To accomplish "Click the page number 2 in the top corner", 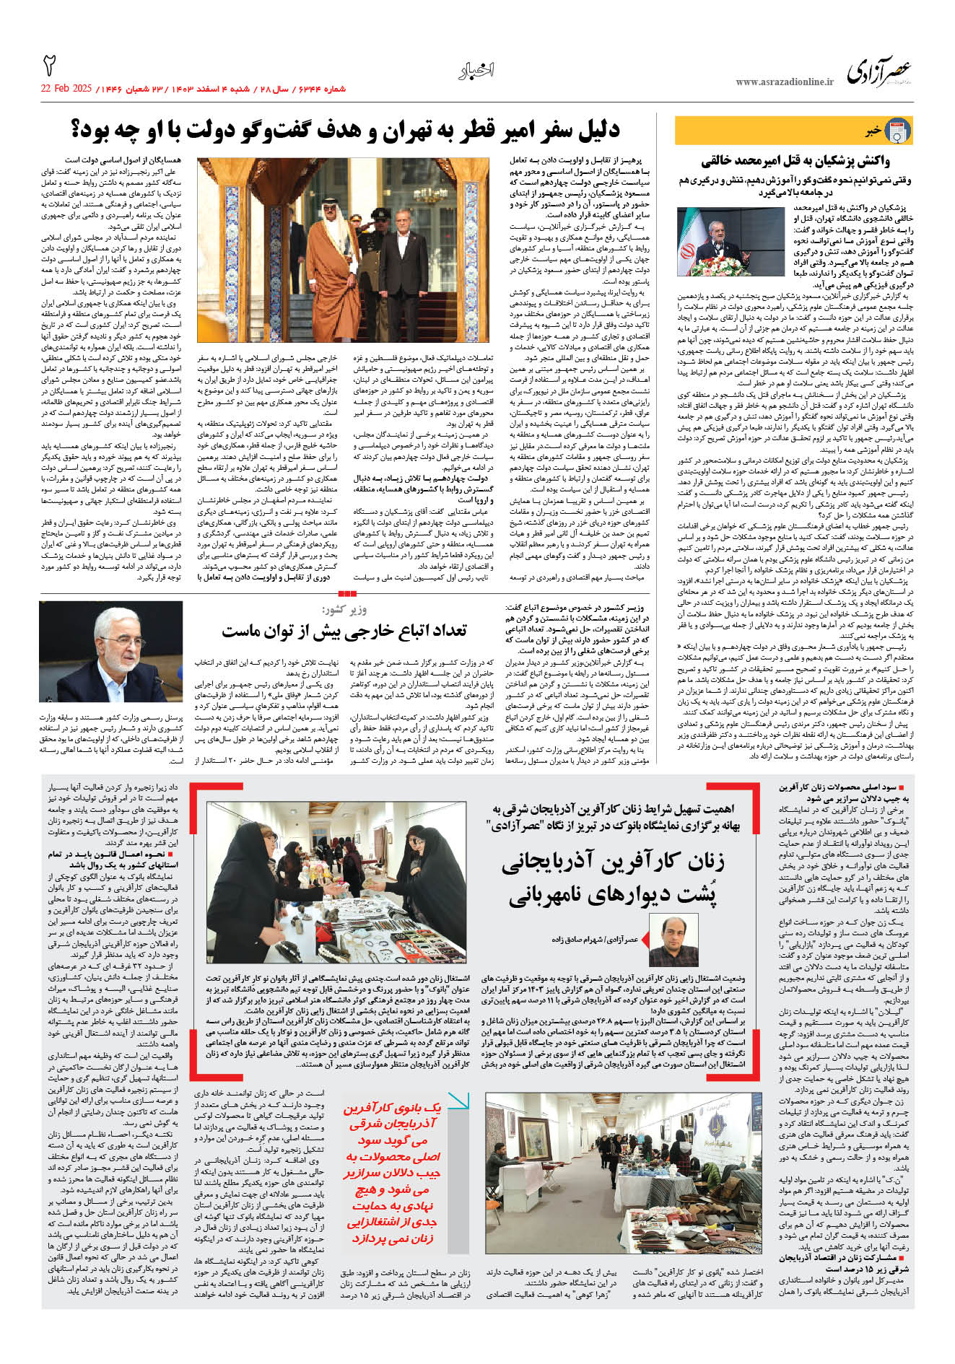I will coord(49,66).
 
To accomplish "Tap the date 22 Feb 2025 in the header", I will coord(66,89).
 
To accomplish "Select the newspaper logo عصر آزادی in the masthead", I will coord(879,70).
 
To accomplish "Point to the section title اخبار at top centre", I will coord(476,70).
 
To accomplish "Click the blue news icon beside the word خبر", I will coord(897,131).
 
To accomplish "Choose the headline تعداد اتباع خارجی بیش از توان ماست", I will coord(344,631).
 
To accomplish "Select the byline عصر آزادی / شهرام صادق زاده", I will coord(596,940).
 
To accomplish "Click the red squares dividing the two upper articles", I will coord(347,593).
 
